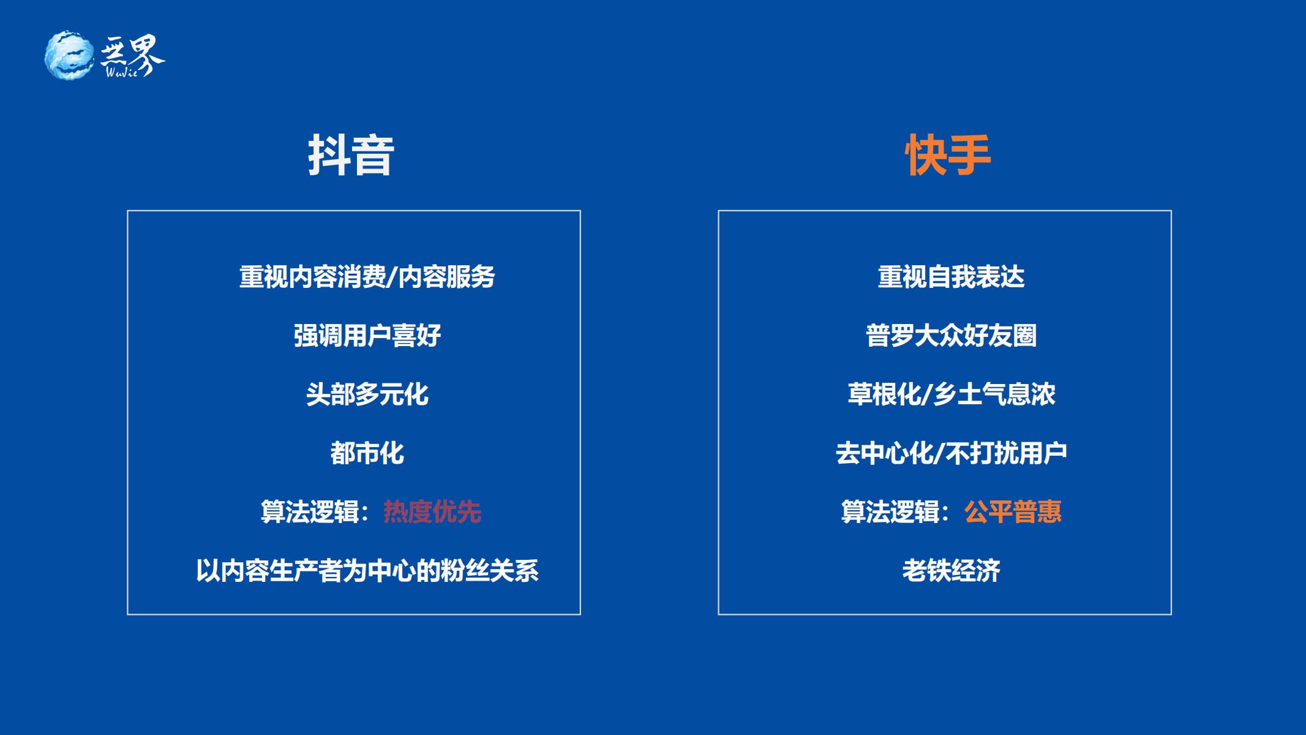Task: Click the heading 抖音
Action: click(x=351, y=156)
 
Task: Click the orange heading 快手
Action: click(x=948, y=156)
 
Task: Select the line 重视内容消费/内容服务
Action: click(x=367, y=277)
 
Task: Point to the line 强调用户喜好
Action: click(x=367, y=336)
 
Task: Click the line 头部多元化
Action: click(x=367, y=394)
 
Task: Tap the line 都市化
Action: click(x=367, y=453)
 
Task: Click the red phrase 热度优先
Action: click(x=432, y=512)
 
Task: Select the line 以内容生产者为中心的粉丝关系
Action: click(x=367, y=571)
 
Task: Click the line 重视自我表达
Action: click(x=951, y=277)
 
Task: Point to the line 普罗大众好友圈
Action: click(x=951, y=336)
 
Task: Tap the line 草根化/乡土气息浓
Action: click(x=951, y=394)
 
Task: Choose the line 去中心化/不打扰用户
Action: click(x=951, y=453)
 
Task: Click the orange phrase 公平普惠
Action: click(x=1013, y=512)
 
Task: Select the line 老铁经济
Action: click(x=951, y=571)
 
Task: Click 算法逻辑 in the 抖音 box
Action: click(x=310, y=512)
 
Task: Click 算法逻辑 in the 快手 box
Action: click(x=890, y=512)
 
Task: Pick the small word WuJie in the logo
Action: click(x=122, y=72)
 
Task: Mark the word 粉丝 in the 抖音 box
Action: click(x=465, y=571)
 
